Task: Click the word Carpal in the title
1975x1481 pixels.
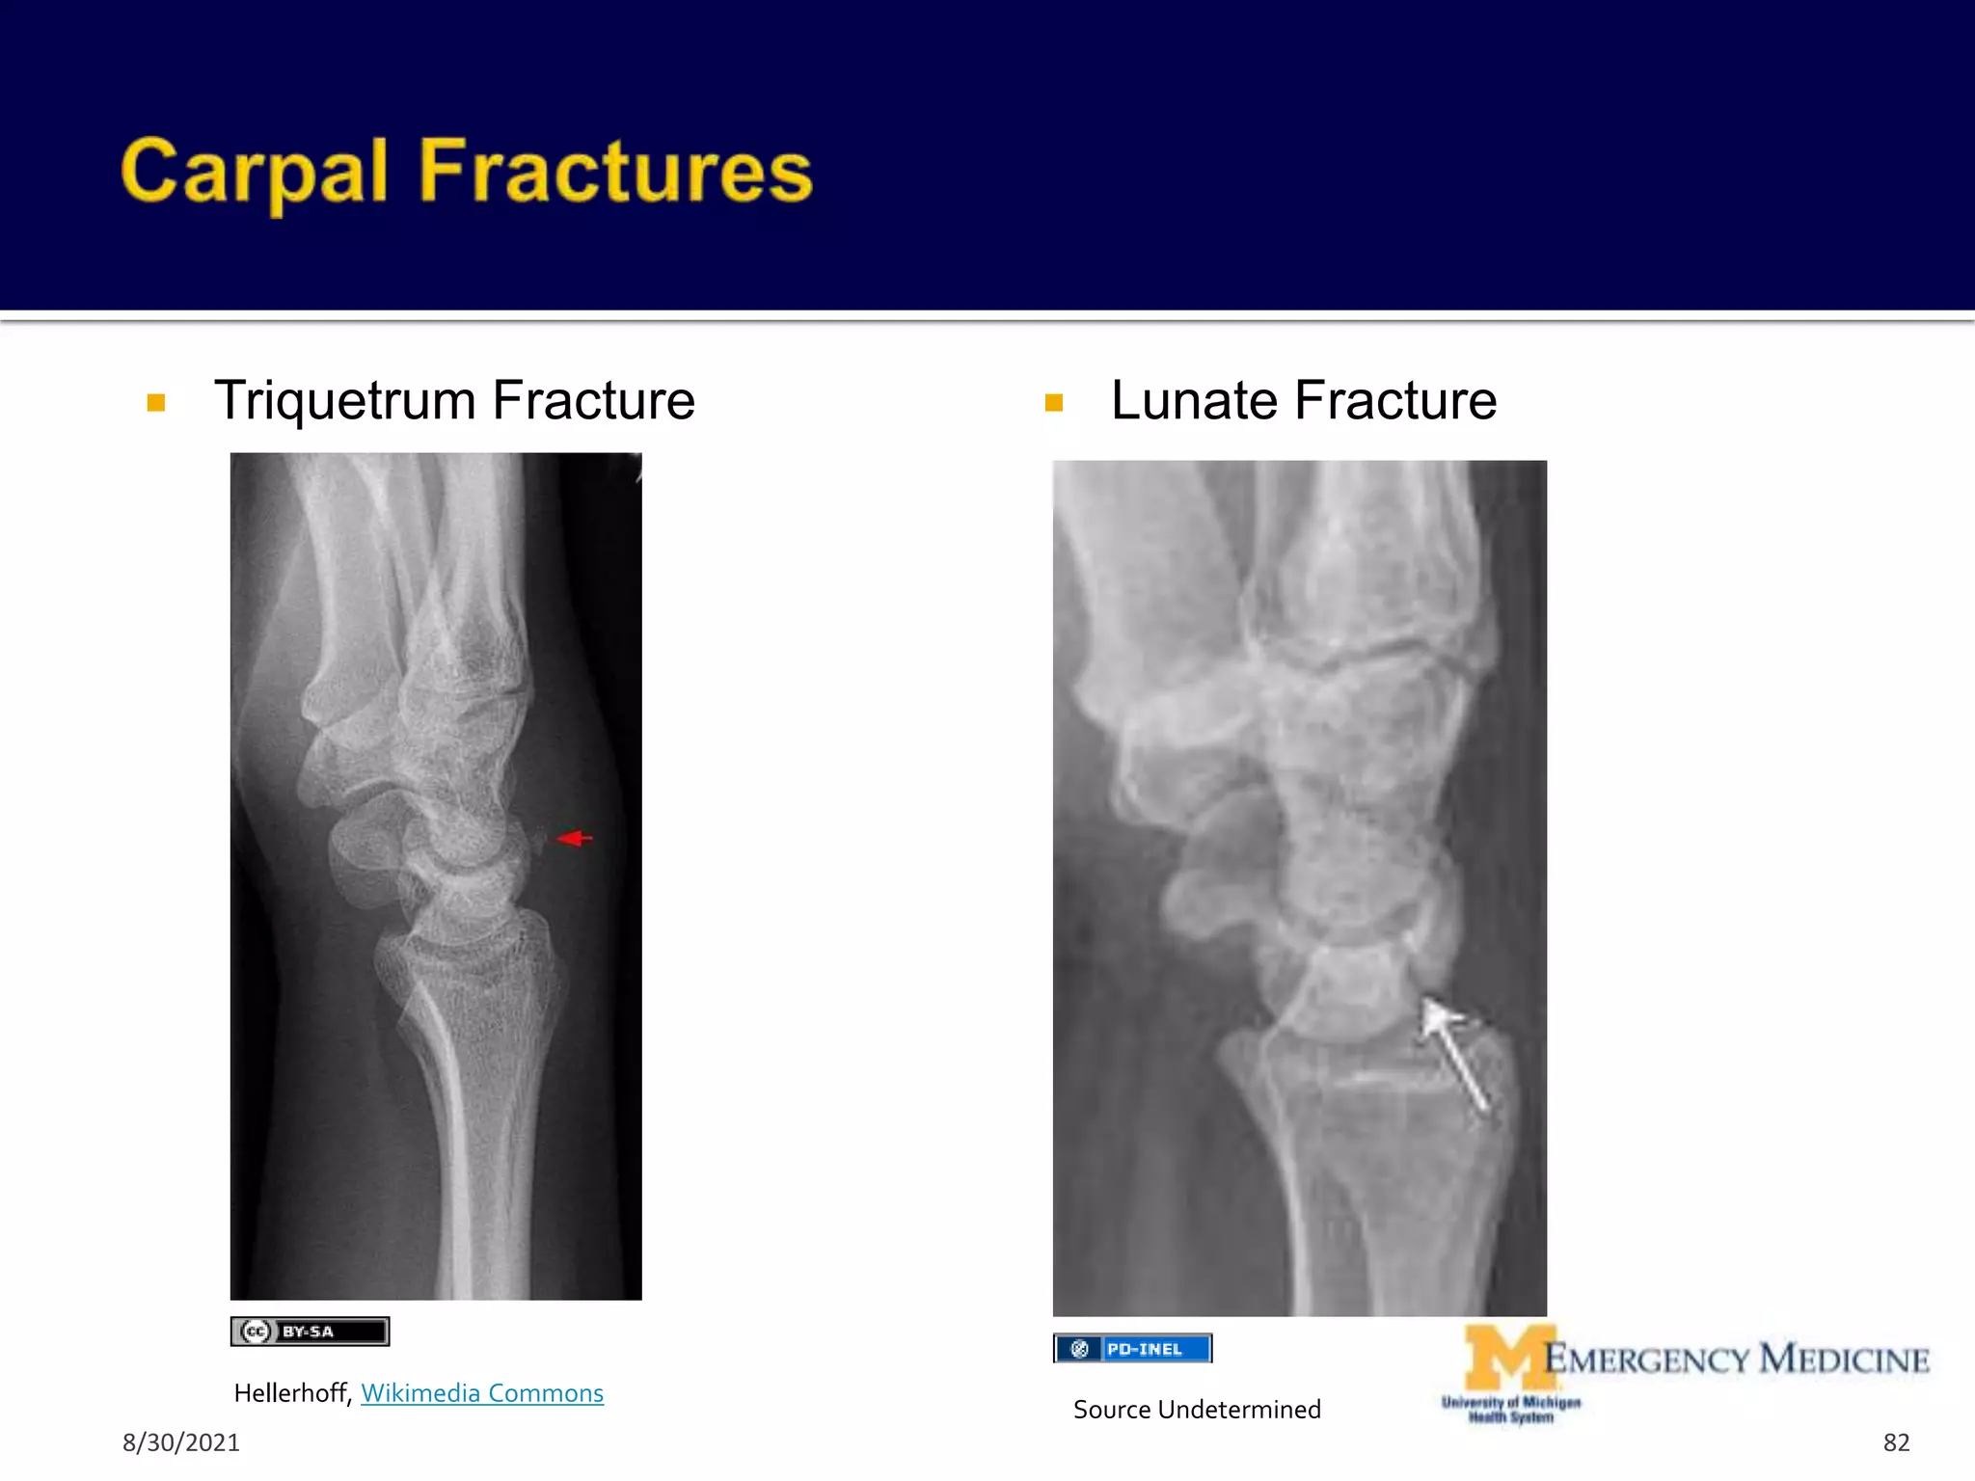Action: click(254, 174)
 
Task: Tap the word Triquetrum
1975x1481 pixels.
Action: click(345, 400)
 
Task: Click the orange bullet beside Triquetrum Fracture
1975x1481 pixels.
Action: click(156, 403)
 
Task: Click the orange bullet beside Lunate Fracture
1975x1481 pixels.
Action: click(1054, 403)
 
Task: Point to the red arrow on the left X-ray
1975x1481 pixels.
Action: click(575, 838)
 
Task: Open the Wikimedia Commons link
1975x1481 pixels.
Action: click(482, 1393)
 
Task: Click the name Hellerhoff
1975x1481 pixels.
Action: click(291, 1393)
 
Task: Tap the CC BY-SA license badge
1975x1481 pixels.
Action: click(310, 1332)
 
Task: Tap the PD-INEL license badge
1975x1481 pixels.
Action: click(1132, 1349)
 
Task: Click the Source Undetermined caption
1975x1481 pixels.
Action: click(1197, 1410)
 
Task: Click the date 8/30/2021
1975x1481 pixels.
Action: click(181, 1442)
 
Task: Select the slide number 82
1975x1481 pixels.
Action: click(1896, 1442)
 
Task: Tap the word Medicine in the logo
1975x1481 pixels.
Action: click(1844, 1360)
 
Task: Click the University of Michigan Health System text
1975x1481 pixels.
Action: click(1511, 1410)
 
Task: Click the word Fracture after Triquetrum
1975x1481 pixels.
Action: click(593, 400)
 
